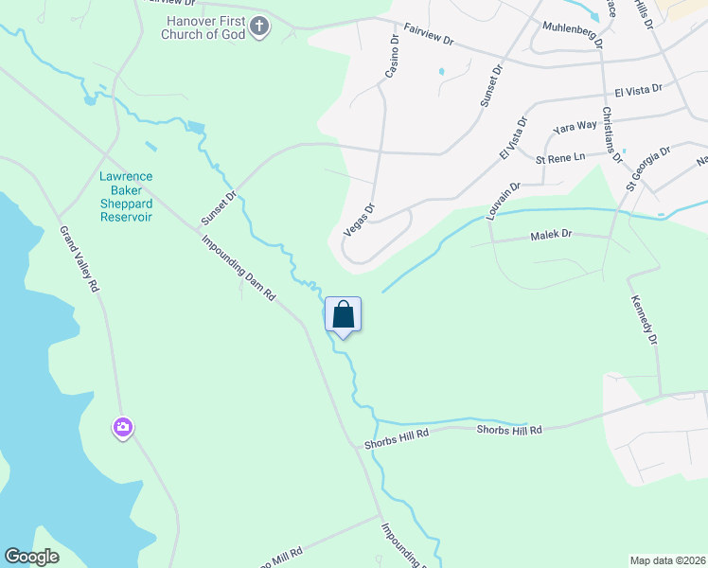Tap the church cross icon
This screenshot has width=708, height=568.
click(260, 28)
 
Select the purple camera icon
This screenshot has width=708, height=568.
click(122, 429)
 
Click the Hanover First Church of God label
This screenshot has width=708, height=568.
click(205, 27)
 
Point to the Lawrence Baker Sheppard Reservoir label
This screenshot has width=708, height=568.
click(126, 196)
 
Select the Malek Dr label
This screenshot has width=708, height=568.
click(552, 234)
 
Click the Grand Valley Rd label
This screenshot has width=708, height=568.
click(80, 257)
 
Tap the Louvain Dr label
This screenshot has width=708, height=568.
click(503, 202)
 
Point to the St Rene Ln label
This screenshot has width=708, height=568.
click(561, 158)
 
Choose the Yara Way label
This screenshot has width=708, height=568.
click(575, 126)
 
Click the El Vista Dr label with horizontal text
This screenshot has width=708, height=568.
click(638, 91)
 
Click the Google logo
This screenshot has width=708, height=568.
click(32, 557)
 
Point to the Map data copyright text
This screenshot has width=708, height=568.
click(667, 560)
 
